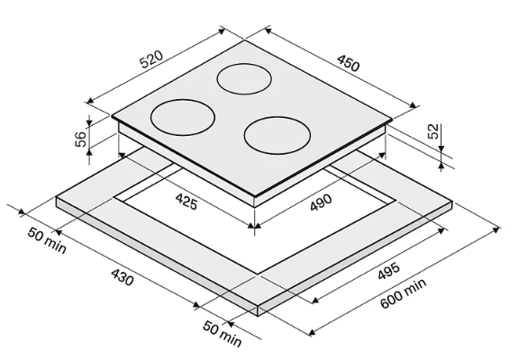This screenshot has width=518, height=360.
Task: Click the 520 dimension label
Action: (x=151, y=59)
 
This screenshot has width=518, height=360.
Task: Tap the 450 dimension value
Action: (x=349, y=63)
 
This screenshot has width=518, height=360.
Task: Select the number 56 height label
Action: (x=80, y=139)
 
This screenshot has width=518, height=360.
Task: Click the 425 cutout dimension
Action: (x=186, y=202)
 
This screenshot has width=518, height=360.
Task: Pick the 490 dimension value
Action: (x=321, y=202)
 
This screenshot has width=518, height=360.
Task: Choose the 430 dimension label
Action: (x=123, y=277)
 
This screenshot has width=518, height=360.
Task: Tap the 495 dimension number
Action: (x=389, y=271)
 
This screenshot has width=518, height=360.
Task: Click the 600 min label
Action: (x=403, y=293)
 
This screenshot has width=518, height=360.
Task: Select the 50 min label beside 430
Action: (x=47, y=240)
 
